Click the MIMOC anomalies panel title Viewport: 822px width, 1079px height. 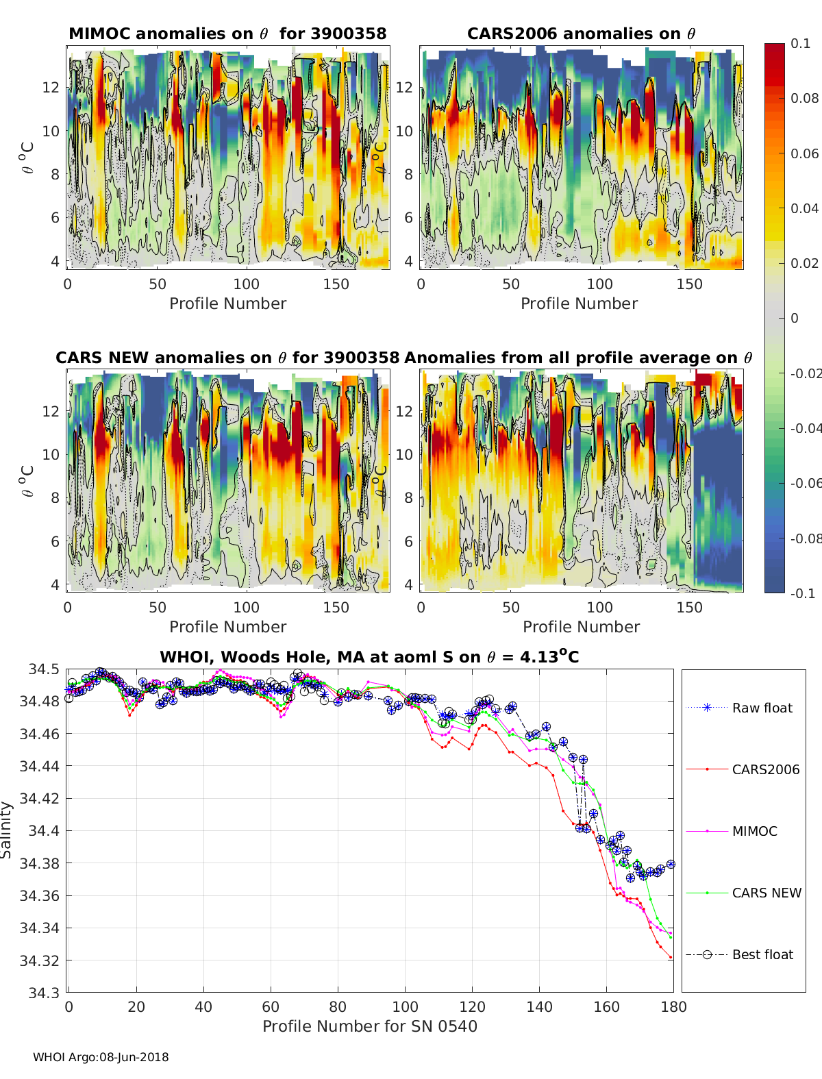click(x=227, y=34)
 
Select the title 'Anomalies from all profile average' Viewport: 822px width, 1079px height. click(x=578, y=358)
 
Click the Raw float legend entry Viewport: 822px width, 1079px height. click(x=762, y=708)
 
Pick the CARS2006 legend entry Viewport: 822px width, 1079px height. click(x=765, y=769)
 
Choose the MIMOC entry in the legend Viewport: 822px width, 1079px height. click(x=754, y=831)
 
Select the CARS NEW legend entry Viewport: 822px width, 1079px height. click(x=766, y=893)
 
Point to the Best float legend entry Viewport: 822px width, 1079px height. click(x=762, y=954)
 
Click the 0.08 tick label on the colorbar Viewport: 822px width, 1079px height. click(x=804, y=98)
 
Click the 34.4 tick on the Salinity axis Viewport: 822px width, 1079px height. click(x=44, y=830)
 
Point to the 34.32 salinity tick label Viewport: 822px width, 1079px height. click(x=40, y=960)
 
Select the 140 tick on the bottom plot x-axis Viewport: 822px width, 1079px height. click(x=540, y=1006)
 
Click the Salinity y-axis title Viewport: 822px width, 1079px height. click(x=7, y=830)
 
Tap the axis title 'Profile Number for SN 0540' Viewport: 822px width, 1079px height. click(x=370, y=1026)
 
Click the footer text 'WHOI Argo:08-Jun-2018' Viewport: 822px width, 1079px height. click(x=101, y=1057)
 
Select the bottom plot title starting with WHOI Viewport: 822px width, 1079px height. click(x=369, y=657)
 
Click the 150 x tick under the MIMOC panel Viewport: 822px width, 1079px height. click(x=336, y=284)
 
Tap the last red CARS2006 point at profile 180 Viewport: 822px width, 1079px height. click(x=671, y=958)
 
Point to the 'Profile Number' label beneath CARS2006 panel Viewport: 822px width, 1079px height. click(x=579, y=303)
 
